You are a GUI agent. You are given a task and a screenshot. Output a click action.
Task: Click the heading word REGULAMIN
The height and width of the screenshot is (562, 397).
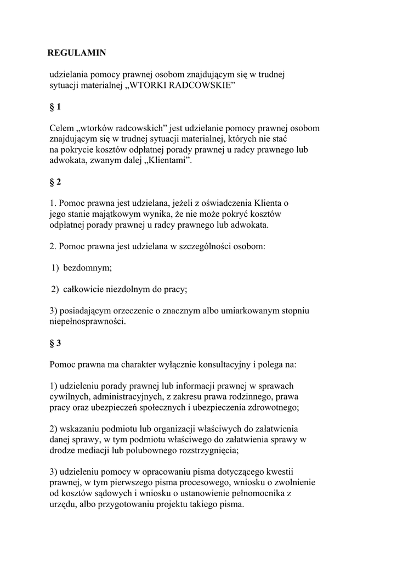pyautogui.click(x=77, y=53)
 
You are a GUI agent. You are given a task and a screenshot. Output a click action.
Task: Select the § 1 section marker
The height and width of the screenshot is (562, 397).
pyautogui.click(x=55, y=107)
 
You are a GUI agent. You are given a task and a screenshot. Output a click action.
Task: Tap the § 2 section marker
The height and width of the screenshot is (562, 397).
pyautogui.click(x=55, y=182)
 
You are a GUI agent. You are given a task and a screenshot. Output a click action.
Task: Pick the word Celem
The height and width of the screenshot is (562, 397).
pyautogui.click(x=60, y=128)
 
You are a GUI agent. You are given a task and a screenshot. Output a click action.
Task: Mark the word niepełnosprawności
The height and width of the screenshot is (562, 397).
pyautogui.click(x=87, y=321)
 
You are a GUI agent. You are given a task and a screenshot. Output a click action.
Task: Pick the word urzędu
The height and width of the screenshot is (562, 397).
pyautogui.click(x=63, y=503)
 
